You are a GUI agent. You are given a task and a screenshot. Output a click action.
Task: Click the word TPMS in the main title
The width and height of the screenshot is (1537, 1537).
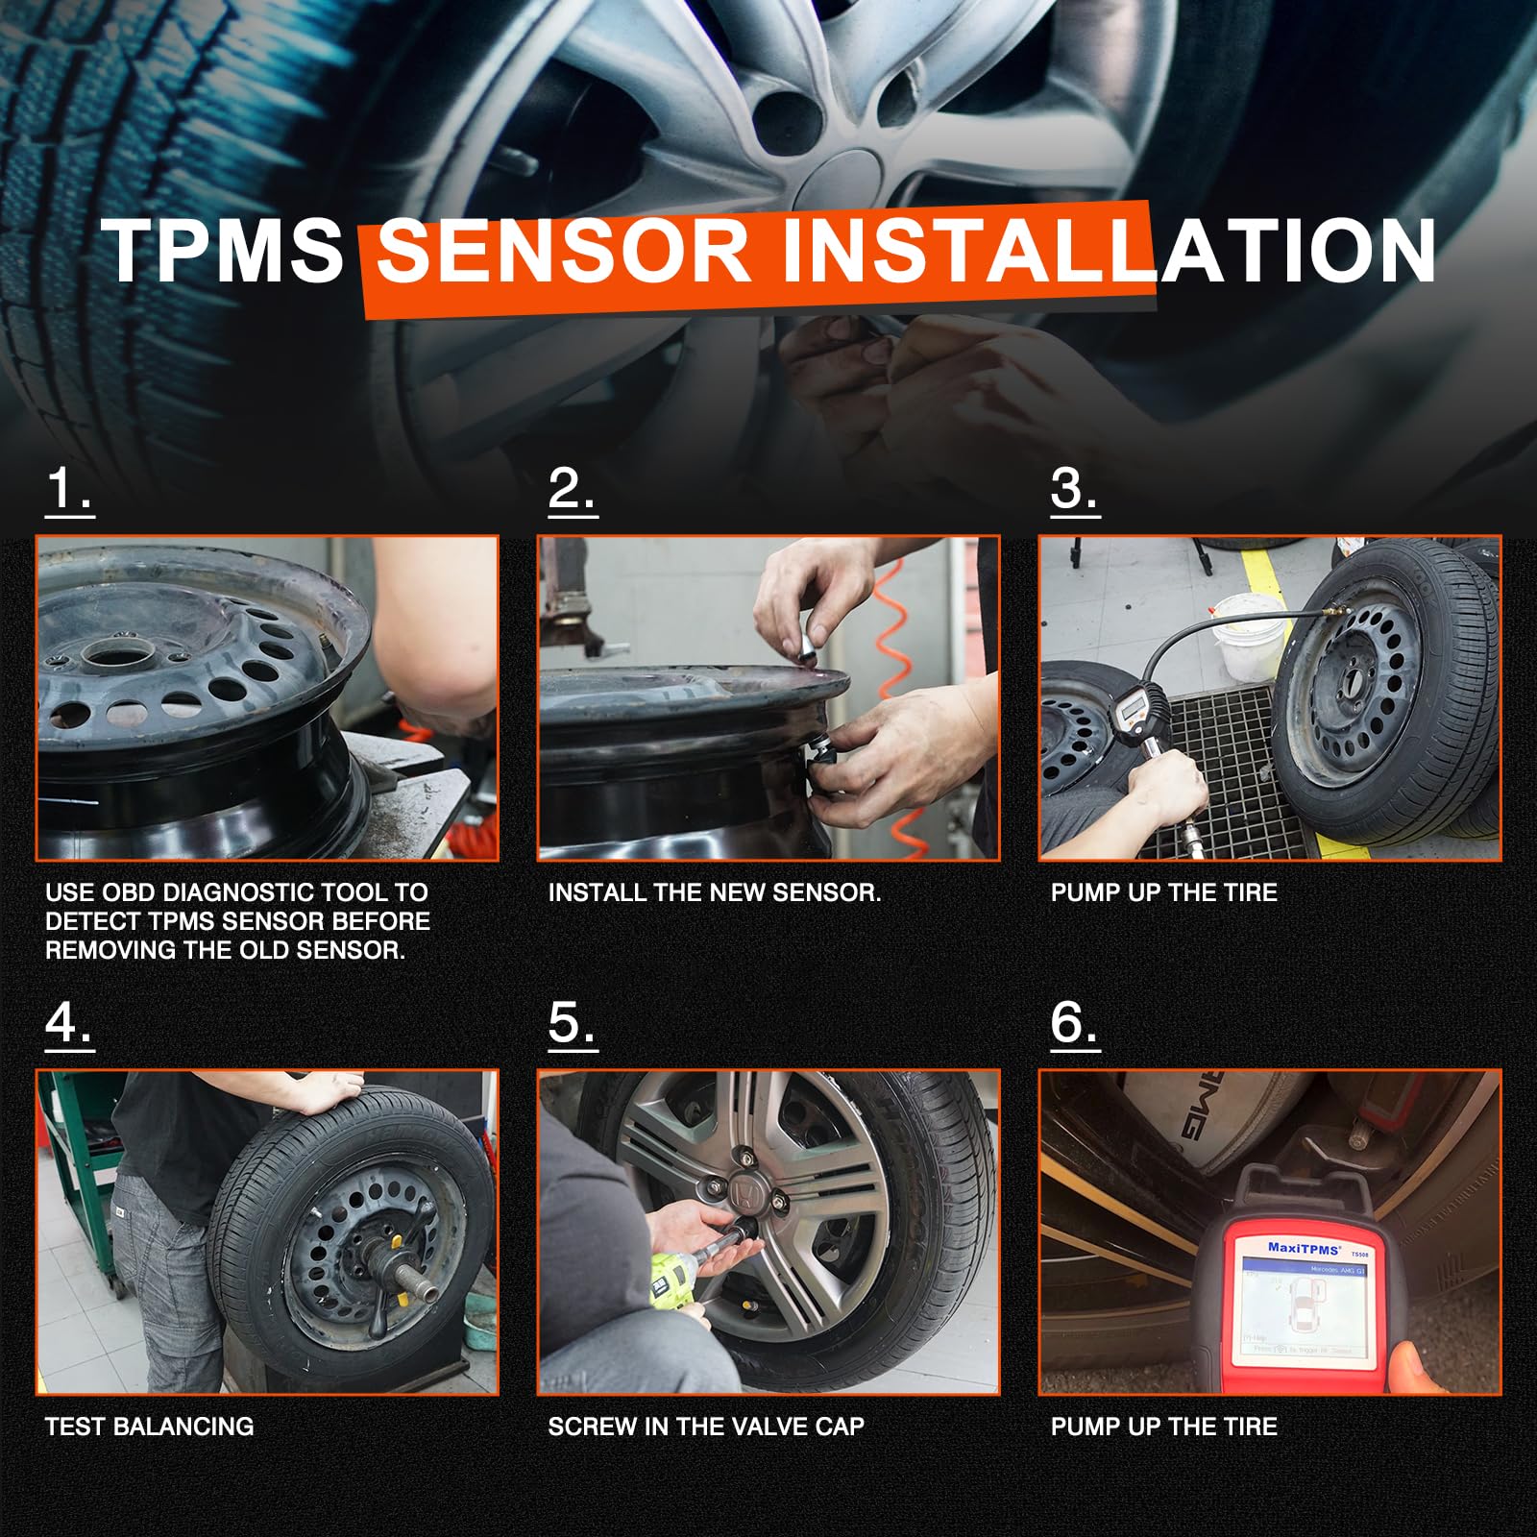(x=223, y=251)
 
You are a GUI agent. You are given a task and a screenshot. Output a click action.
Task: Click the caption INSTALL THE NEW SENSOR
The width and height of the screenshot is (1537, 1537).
(x=714, y=892)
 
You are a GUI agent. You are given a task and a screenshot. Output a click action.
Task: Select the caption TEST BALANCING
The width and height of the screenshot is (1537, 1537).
(x=149, y=1427)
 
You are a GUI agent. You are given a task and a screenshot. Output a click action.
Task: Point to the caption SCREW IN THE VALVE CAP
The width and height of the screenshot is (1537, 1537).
(x=706, y=1427)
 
